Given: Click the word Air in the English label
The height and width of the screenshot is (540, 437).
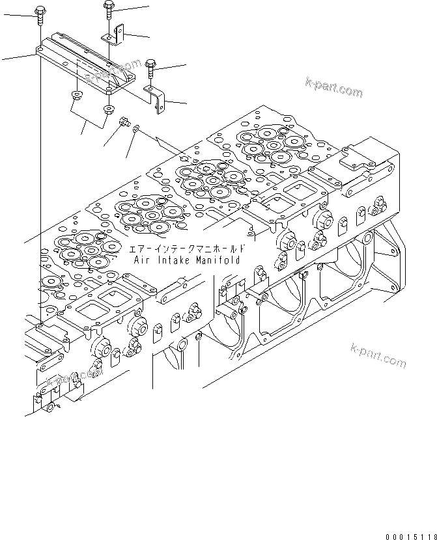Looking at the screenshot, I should [x=142, y=260].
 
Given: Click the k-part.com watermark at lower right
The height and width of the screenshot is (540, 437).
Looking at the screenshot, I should [x=378, y=355].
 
